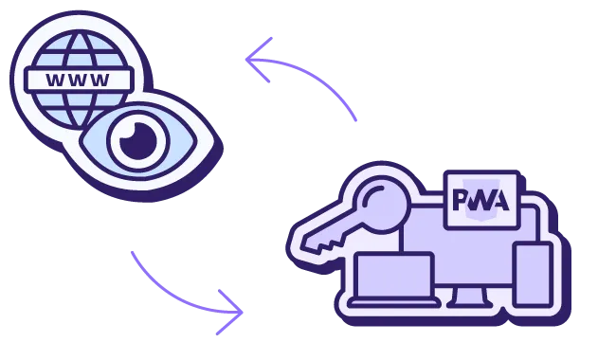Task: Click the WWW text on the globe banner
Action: (x=77, y=79)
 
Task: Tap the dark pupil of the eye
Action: (x=136, y=142)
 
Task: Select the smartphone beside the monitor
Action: (x=533, y=274)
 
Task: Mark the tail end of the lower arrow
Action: (x=132, y=253)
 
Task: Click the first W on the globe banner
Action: (x=55, y=79)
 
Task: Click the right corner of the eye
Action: (x=205, y=142)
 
